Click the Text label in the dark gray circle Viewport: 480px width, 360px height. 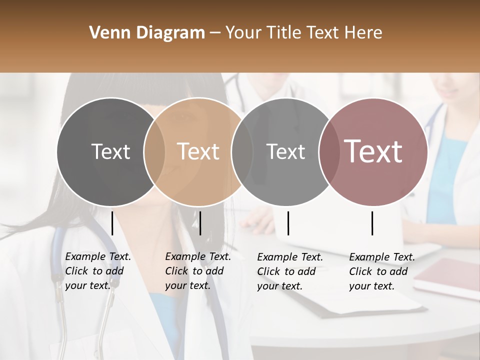click(110, 151)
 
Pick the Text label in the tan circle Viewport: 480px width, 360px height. click(198, 151)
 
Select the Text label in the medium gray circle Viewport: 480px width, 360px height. click(285, 151)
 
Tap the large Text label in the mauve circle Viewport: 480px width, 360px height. click(373, 151)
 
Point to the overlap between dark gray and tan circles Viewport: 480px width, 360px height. click(154, 152)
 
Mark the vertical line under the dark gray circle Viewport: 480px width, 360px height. click(112, 223)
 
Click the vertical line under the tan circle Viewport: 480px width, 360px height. click(200, 223)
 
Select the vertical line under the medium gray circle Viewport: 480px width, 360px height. click(288, 223)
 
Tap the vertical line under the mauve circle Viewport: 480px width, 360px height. click(372, 223)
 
